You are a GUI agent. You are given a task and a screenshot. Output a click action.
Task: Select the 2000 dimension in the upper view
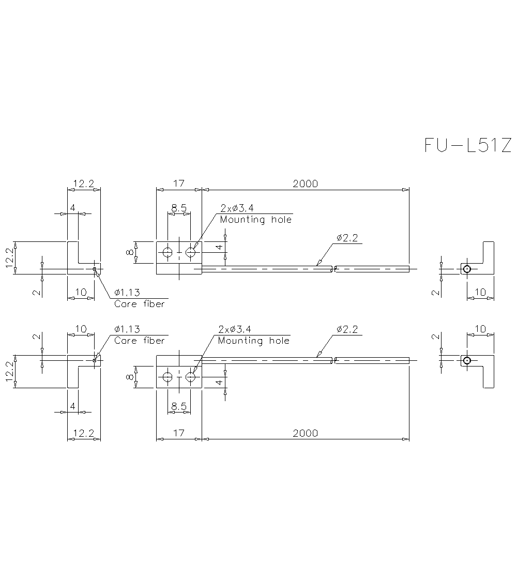point(305,184)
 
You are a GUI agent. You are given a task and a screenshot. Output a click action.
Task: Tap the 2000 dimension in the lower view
point(305,433)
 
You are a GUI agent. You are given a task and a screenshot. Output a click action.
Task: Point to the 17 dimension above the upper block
point(178,184)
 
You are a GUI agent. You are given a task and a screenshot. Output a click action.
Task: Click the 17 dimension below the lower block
point(178,433)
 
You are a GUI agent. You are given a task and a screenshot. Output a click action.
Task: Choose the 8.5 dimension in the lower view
point(178,407)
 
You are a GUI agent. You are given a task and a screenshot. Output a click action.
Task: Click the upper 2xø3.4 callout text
point(240,208)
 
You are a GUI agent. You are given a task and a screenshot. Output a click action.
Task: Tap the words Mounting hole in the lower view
point(254,341)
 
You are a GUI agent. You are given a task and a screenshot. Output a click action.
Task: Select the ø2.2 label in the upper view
point(347,238)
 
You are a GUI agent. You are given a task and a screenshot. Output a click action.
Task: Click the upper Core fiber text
point(139,304)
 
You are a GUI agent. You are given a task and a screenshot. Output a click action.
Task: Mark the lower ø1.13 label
point(127,329)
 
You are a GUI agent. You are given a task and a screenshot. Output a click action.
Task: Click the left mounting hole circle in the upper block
point(168,253)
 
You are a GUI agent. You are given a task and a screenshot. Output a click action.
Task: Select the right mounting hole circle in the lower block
point(191,377)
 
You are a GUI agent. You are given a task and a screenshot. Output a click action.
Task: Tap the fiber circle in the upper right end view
point(467,269)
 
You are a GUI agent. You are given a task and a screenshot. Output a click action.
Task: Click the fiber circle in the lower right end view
point(467,360)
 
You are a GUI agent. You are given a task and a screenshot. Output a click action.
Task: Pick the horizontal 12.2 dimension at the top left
point(83,184)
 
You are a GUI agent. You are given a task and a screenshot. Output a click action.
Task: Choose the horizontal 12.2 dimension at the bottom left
point(83,433)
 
